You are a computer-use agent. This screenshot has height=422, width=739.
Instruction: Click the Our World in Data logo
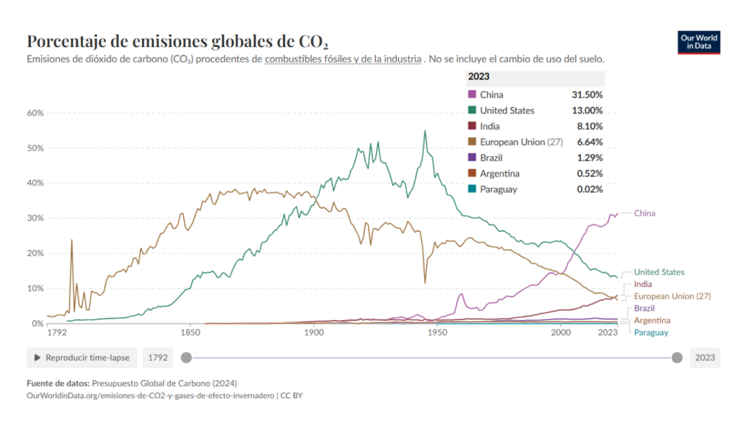[x=699, y=43]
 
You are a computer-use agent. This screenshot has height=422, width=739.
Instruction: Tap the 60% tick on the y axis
[x=35, y=113]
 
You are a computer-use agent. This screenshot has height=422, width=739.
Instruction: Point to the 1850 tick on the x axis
[x=190, y=333]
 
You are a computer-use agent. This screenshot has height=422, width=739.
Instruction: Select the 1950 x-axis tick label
[x=437, y=333]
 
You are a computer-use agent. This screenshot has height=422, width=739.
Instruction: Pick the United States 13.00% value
[x=586, y=111]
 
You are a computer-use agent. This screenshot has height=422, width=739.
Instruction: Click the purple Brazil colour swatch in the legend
[x=472, y=158]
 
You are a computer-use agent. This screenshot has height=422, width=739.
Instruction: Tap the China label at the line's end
[x=644, y=213]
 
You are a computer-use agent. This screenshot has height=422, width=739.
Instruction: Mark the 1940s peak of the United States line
[x=425, y=132]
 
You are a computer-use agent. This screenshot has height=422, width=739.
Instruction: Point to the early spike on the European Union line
[x=71, y=240]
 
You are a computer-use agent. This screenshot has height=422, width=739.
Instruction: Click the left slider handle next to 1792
[x=186, y=358]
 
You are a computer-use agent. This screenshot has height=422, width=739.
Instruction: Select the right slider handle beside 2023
[x=677, y=358]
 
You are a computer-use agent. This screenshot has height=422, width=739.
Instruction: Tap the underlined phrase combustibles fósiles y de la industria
[x=343, y=59]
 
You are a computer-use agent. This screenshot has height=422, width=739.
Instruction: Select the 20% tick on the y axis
[x=35, y=254]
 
